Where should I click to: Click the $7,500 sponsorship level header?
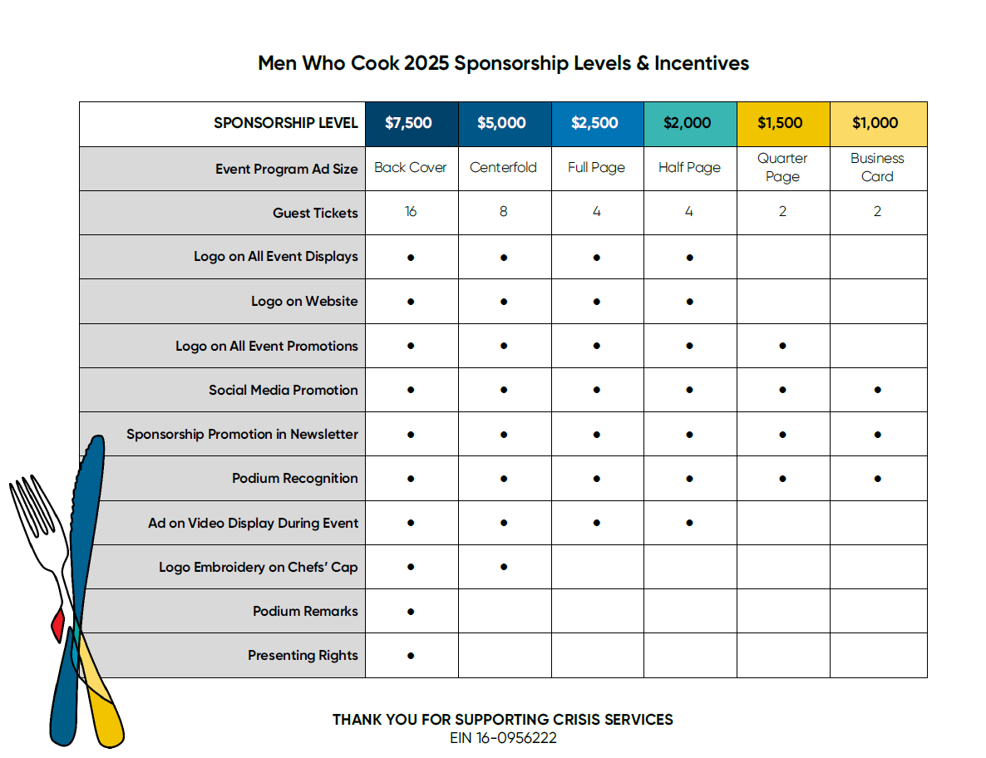pos(411,124)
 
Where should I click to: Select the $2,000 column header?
pos(689,124)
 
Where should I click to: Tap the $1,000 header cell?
pos(876,124)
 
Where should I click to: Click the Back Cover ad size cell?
pos(411,168)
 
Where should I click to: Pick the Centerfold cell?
pos(504,168)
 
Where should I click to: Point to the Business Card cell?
pos(877,168)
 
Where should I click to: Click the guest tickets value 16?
pos(411,212)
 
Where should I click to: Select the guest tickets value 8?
pos(504,212)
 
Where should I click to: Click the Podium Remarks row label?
pos(305,612)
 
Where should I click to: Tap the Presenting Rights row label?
pos(303,656)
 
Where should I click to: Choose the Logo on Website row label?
pos(304,302)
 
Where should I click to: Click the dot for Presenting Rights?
pos(411,656)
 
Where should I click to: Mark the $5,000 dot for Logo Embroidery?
pos(504,567)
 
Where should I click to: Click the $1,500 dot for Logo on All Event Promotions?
pos(782,346)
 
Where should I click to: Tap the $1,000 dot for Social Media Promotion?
pos(877,390)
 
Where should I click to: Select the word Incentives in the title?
pos(701,63)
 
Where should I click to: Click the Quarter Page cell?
pos(782,168)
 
